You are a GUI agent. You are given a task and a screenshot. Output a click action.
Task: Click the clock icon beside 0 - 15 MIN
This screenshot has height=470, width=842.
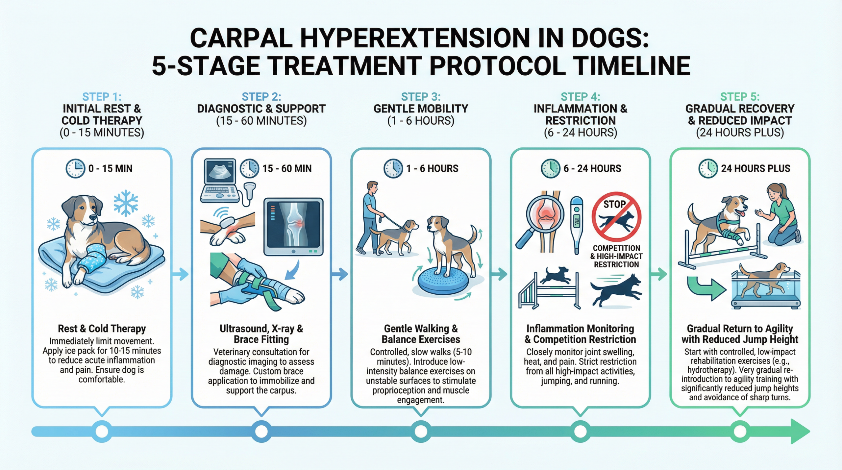pyautogui.click(x=75, y=168)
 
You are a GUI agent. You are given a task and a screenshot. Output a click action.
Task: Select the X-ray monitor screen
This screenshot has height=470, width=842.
pyautogui.click(x=293, y=227)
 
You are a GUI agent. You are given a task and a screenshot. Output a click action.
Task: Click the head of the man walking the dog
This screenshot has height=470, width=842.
pyautogui.click(x=372, y=187)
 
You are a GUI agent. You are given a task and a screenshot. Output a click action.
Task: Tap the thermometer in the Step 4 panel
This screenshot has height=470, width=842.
pyautogui.click(x=576, y=225)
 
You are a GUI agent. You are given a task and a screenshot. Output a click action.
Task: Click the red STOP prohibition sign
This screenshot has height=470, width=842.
pyautogui.click(x=616, y=217)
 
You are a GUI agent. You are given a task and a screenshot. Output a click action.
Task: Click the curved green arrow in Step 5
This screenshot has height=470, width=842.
pyautogui.click(x=706, y=287)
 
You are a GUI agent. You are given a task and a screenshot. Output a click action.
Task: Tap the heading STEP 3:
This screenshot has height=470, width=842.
pyautogui.click(x=421, y=97)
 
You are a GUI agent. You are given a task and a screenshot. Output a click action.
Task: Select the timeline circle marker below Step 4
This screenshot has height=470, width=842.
pyautogui.click(x=580, y=431)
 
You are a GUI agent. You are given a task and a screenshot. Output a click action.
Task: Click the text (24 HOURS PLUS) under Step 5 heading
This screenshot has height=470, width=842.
pyautogui.click(x=740, y=133)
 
